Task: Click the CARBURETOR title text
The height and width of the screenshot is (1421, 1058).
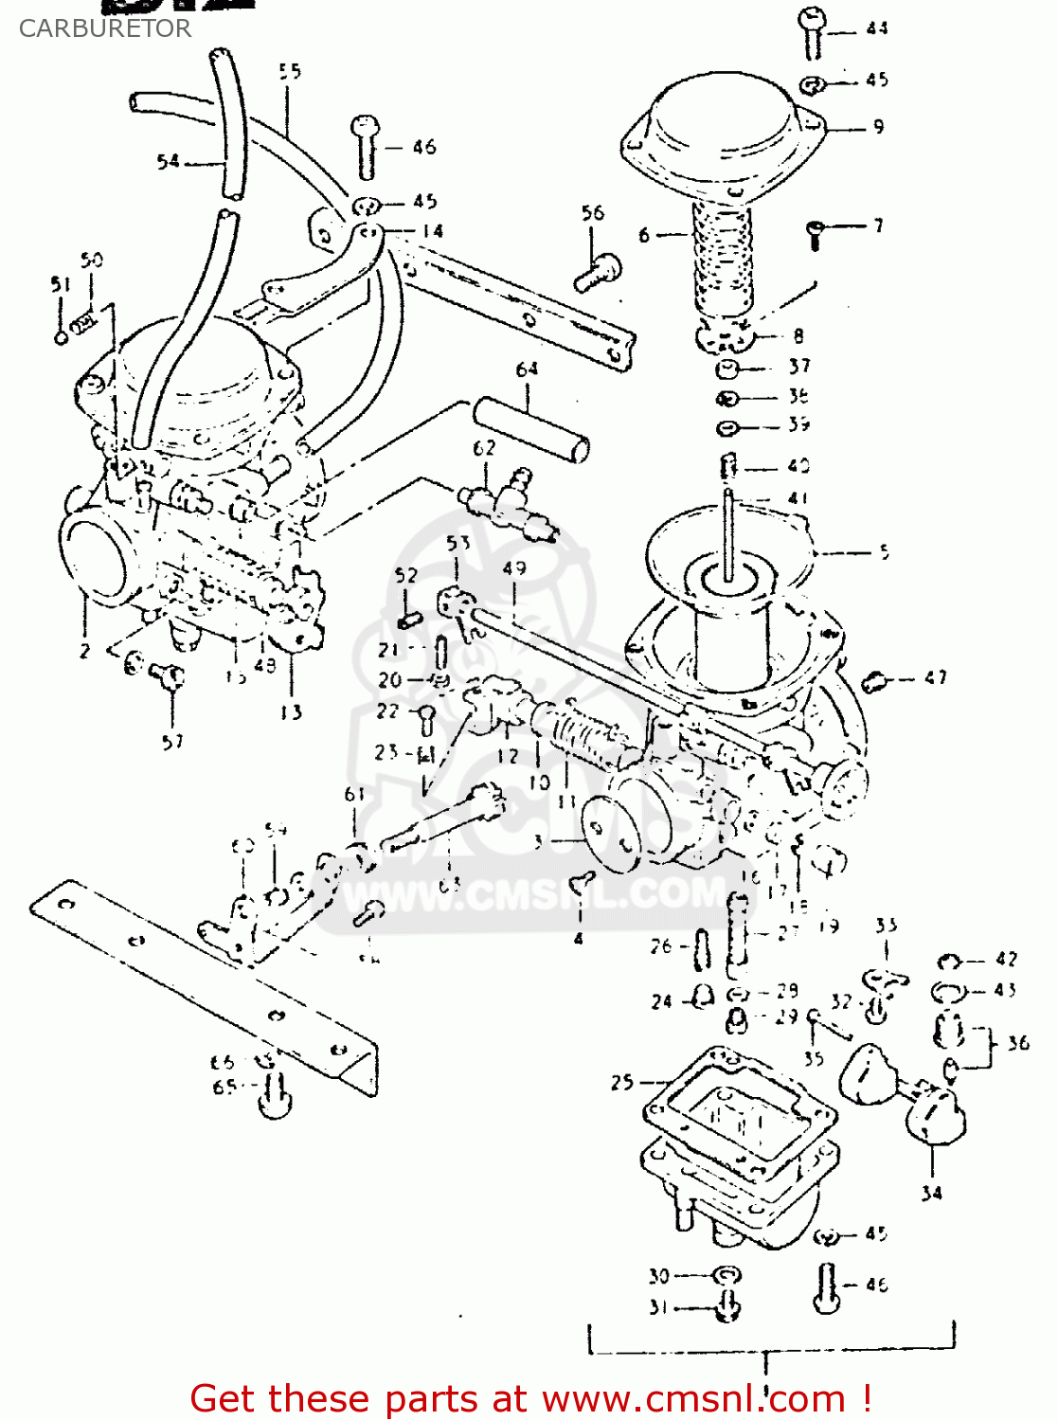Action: [x=104, y=28]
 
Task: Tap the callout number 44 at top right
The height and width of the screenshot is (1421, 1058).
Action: [x=877, y=28]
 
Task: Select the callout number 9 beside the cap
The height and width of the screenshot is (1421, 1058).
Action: [x=879, y=126]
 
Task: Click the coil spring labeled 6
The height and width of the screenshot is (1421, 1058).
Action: [x=724, y=256]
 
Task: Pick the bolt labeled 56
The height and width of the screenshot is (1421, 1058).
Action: [x=598, y=273]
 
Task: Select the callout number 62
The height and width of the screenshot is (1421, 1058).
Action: [x=484, y=448]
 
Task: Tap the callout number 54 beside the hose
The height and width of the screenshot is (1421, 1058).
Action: [x=168, y=162]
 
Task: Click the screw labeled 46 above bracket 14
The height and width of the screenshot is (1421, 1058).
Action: [x=366, y=147]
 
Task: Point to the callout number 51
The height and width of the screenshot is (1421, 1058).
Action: [x=60, y=284]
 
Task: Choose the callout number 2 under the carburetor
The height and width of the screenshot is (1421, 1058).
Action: [x=84, y=651]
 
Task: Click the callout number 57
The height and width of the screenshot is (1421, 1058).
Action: [x=172, y=742]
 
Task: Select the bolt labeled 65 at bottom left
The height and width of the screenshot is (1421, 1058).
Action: [x=275, y=1098]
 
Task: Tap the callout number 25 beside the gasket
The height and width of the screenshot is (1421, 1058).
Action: [x=622, y=1082]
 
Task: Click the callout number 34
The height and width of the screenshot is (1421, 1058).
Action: [x=932, y=1193]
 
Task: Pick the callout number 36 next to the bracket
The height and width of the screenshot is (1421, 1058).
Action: [x=1018, y=1043]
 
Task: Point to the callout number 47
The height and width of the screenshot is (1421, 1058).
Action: [x=936, y=678]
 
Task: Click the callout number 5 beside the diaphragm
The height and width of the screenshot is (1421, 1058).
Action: [x=884, y=552]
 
